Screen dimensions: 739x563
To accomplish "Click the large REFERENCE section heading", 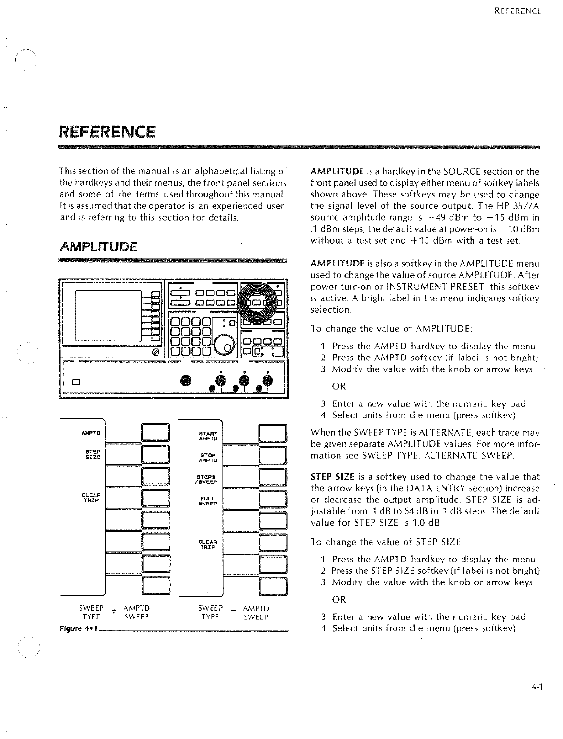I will (107, 131).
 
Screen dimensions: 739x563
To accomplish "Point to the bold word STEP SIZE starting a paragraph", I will (332, 477).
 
